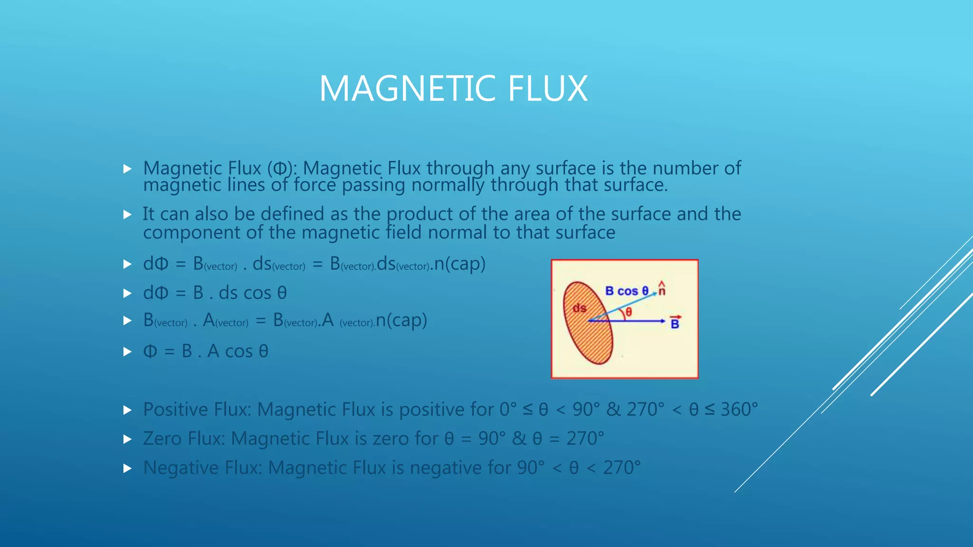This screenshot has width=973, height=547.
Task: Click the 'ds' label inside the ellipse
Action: coord(579,308)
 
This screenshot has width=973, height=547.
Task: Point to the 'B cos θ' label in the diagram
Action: coord(627,291)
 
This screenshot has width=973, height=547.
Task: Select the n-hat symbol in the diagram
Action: coord(662,289)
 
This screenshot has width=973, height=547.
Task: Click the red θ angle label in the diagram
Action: coord(629,312)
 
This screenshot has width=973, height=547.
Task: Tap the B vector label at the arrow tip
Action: coord(675,322)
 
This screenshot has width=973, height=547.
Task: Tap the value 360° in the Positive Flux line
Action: coord(739,409)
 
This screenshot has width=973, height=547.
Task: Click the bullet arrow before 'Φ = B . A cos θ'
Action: coord(127,352)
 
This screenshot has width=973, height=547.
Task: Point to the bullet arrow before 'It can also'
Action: coord(127,215)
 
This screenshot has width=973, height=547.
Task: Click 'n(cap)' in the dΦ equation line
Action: coord(459,264)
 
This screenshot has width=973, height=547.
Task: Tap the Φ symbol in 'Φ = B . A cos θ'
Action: coord(150,351)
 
